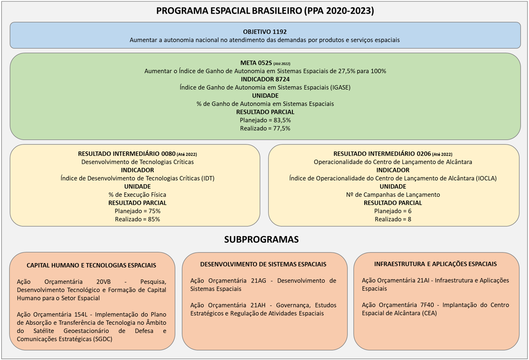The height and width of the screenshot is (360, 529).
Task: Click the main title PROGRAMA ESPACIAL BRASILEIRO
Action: click(x=265, y=11)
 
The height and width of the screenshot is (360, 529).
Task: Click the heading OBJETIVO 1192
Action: click(x=265, y=32)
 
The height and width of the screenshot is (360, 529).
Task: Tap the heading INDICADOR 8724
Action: click(x=265, y=79)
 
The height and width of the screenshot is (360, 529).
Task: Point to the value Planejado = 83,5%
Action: click(x=265, y=120)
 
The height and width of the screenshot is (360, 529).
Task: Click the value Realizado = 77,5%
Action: click(x=265, y=128)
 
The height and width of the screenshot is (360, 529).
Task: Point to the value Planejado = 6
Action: click(x=393, y=211)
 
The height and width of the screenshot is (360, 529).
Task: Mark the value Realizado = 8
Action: click(x=393, y=219)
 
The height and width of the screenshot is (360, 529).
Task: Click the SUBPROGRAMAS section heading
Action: click(x=261, y=239)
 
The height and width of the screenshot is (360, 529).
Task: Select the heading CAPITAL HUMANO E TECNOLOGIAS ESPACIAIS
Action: click(x=91, y=265)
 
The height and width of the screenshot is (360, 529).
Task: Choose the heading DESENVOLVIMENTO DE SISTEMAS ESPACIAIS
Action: click(x=263, y=264)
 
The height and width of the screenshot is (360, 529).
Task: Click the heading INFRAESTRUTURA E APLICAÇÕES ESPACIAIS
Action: click(x=435, y=264)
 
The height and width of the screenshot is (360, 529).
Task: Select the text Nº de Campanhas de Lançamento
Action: click(x=393, y=195)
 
